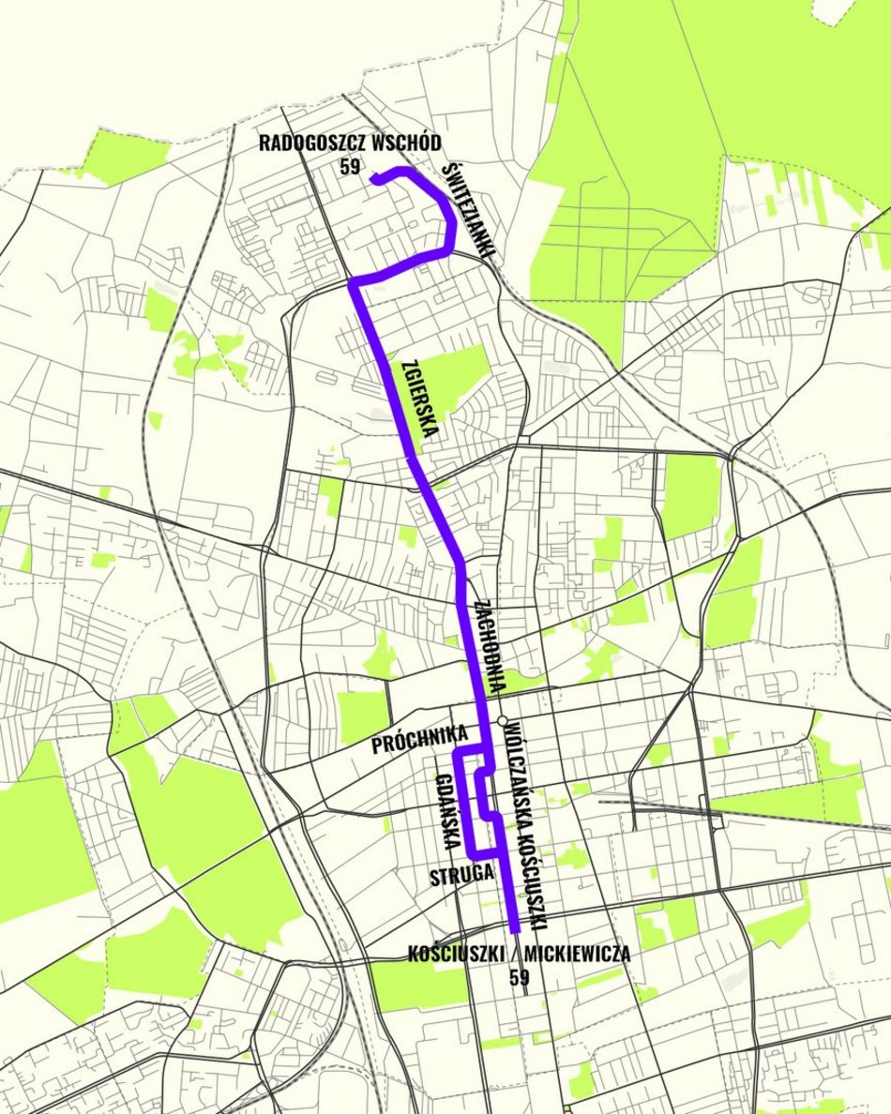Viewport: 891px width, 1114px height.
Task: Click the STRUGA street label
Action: [x=461, y=878]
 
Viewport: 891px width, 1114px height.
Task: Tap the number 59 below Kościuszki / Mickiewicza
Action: [x=519, y=977]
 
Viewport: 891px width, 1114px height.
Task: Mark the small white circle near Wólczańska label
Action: [x=503, y=721]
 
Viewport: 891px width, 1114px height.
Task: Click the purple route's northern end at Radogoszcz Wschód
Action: [x=375, y=179]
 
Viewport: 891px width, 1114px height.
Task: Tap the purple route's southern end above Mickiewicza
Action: [x=515, y=928]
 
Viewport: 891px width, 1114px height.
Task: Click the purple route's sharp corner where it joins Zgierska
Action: [x=354, y=281]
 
